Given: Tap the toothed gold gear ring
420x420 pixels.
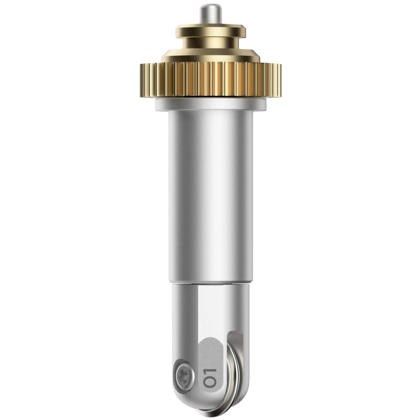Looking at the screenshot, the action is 211,79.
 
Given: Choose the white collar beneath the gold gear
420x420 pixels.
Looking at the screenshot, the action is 211,104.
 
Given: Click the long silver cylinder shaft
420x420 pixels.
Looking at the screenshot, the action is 211,196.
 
